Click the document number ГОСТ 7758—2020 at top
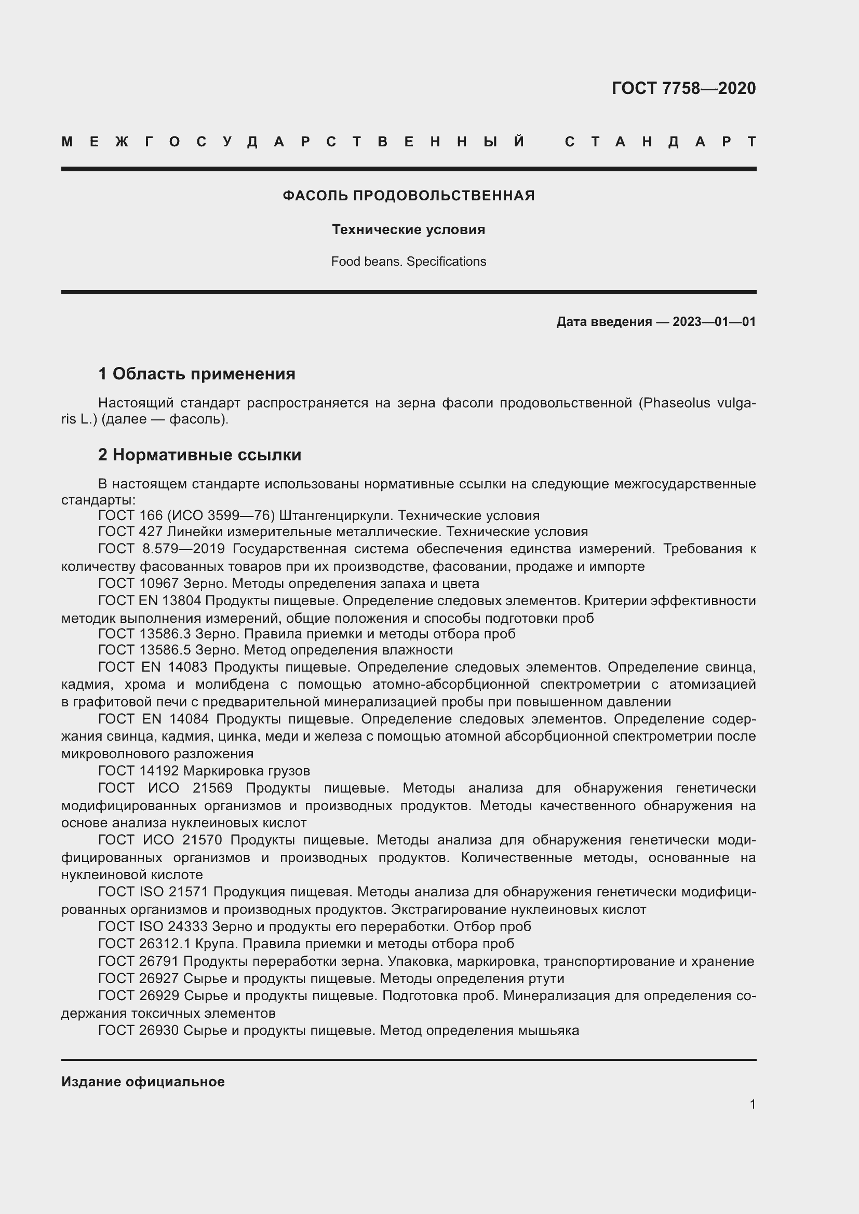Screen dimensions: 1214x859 point(683,88)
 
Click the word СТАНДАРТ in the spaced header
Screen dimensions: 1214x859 point(660,142)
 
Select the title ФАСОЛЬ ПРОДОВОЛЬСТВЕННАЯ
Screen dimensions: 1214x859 point(408,196)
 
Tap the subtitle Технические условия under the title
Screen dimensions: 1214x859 point(408,229)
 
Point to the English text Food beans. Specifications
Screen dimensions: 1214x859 point(408,262)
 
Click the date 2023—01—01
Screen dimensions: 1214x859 point(714,321)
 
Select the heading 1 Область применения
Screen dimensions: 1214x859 point(197,374)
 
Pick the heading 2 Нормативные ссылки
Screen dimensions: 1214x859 point(199,455)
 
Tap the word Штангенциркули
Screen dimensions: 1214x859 point(336,515)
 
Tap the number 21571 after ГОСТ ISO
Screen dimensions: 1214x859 point(189,892)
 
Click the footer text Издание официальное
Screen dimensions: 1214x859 point(143,1082)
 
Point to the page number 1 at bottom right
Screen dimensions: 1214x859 point(752,1104)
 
